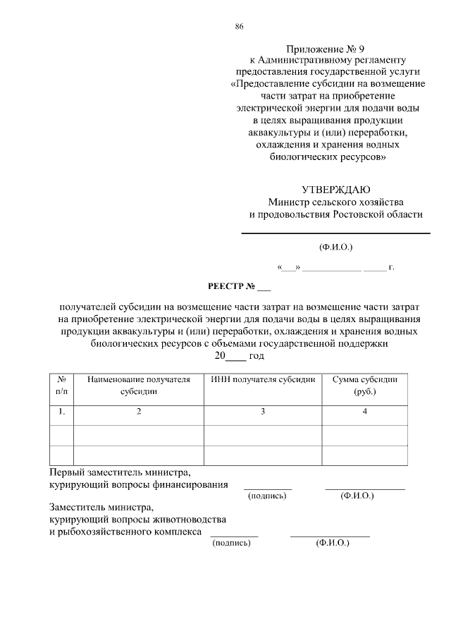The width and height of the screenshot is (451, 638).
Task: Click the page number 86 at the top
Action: pos(239,27)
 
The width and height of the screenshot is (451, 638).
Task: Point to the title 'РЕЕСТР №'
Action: pos(230,287)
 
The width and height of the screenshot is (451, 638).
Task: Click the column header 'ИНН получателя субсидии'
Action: pos(263,379)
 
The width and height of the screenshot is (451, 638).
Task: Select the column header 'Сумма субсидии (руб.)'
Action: pos(364,385)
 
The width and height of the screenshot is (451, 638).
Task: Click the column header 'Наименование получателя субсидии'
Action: pos(139,385)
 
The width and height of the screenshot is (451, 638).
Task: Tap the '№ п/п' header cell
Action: pos(62,385)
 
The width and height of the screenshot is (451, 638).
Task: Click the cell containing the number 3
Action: pos(263,412)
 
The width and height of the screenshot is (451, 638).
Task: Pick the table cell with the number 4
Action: pos(364,412)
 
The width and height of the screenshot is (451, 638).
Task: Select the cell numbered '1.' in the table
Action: pos(62,412)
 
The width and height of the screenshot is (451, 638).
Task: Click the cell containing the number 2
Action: pos(139,412)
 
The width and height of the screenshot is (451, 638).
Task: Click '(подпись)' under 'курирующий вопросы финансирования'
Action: pos(267,496)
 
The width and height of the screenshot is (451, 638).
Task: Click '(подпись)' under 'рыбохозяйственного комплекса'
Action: pos(233,543)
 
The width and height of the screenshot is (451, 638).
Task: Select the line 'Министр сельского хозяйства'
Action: pos(336,202)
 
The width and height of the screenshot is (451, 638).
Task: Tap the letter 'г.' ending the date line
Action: pos(391,268)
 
